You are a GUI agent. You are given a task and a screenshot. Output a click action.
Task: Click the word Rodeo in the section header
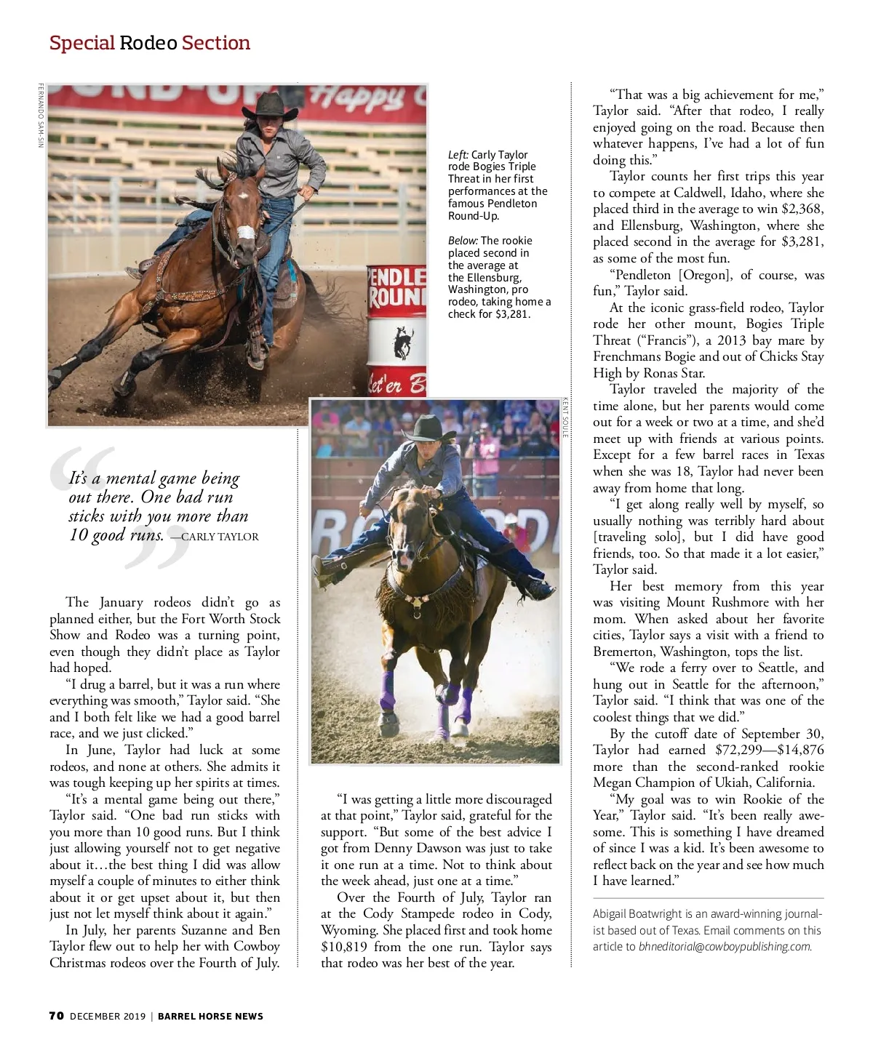148,43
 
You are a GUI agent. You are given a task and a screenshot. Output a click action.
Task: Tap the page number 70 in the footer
57,1016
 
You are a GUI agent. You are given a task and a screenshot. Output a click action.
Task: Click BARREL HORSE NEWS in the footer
211,1016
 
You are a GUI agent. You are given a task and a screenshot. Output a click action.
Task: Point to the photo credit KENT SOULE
565,417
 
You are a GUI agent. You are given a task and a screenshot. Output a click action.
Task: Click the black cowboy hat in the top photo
271,106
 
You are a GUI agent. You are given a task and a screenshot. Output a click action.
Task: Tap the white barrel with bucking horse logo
396,328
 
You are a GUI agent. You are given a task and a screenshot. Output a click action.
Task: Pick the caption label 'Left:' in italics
458,155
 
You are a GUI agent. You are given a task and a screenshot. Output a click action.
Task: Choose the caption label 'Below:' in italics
463,241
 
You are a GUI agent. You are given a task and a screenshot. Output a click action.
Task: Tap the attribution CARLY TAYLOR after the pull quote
220,537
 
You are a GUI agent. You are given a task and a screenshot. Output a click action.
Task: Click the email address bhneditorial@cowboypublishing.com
725,946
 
